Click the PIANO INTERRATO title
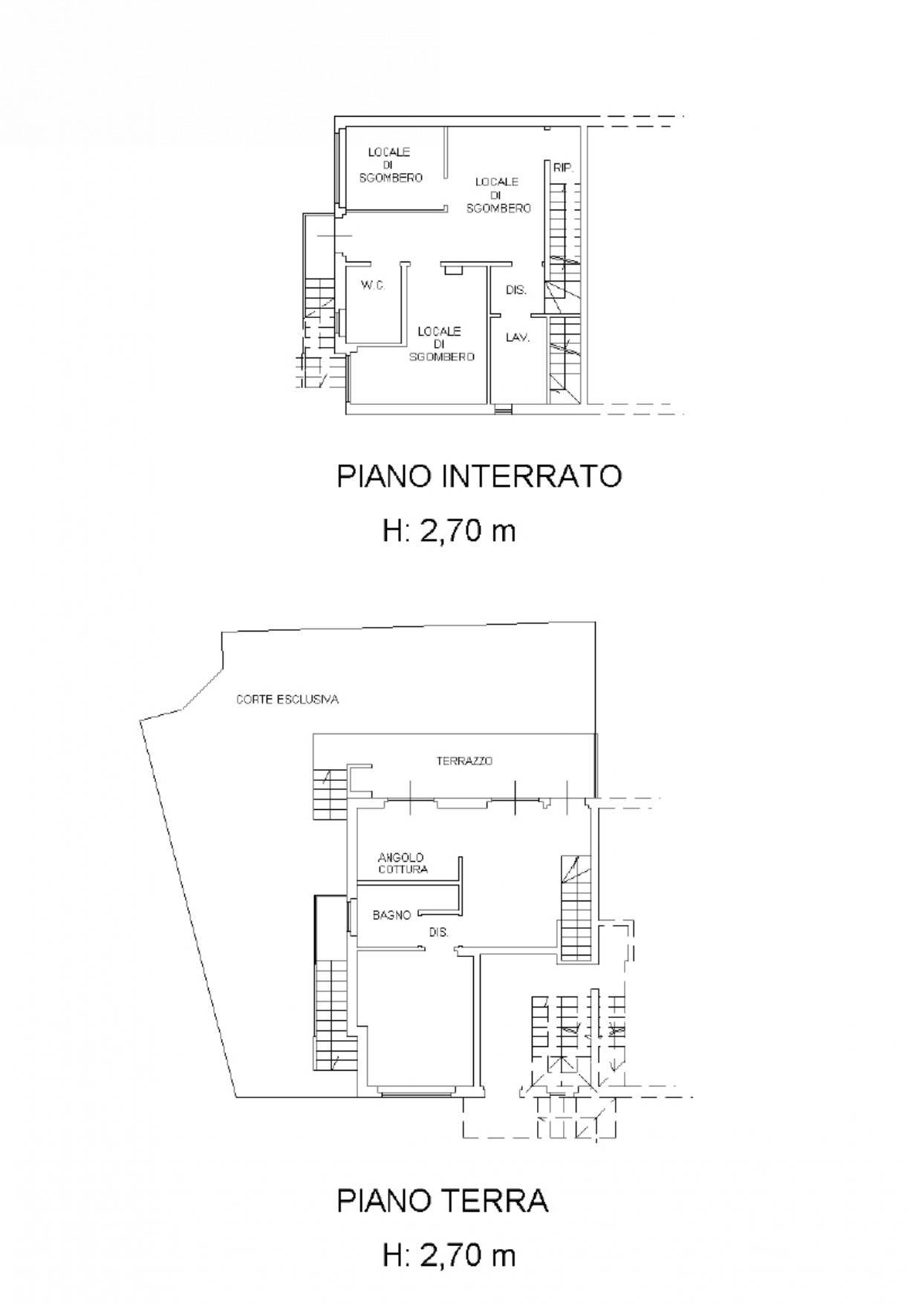pyautogui.click(x=479, y=476)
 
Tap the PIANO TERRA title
pyautogui.click(x=443, y=1201)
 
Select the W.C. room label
pyautogui.click(x=373, y=285)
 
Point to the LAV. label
pyautogui.click(x=518, y=337)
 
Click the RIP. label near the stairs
pyautogui.click(x=563, y=169)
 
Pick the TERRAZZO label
pyautogui.click(x=464, y=761)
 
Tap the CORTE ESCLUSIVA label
pyautogui.click(x=287, y=699)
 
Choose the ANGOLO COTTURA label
pyautogui.click(x=403, y=863)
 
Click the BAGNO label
pyautogui.click(x=392, y=915)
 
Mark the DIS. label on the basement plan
pyautogui.click(x=516, y=290)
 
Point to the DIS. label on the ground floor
pyautogui.click(x=439, y=932)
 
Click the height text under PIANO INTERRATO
pyautogui.click(x=449, y=531)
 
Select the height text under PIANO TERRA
pyautogui.click(x=449, y=1256)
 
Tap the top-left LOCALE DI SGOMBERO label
pyautogui.click(x=391, y=165)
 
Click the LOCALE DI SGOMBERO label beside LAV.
pyautogui.click(x=440, y=344)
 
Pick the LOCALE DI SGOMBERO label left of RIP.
pyautogui.click(x=498, y=195)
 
